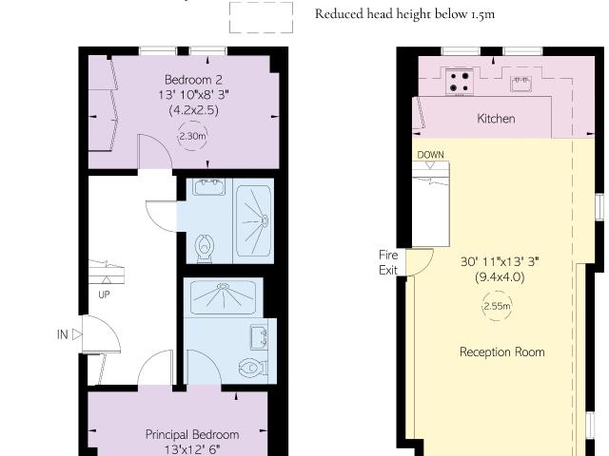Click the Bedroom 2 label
coord(193,80)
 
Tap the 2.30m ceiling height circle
coord(192,136)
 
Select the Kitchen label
coord(496,119)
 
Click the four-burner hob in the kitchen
coord(460,82)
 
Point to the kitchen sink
coord(521,84)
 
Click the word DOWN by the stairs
coord(430,155)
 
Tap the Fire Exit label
coord(388,262)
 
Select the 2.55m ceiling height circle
coord(497,306)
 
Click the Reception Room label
coord(501,352)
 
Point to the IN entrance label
coord(63,334)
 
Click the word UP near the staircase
coord(104,294)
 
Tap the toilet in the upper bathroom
coord(205,248)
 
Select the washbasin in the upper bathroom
coord(209,186)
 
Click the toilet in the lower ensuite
coord(253,367)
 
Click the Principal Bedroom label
coord(192,434)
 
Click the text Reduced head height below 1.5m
coord(404,14)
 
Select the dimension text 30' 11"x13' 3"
coord(500,262)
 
